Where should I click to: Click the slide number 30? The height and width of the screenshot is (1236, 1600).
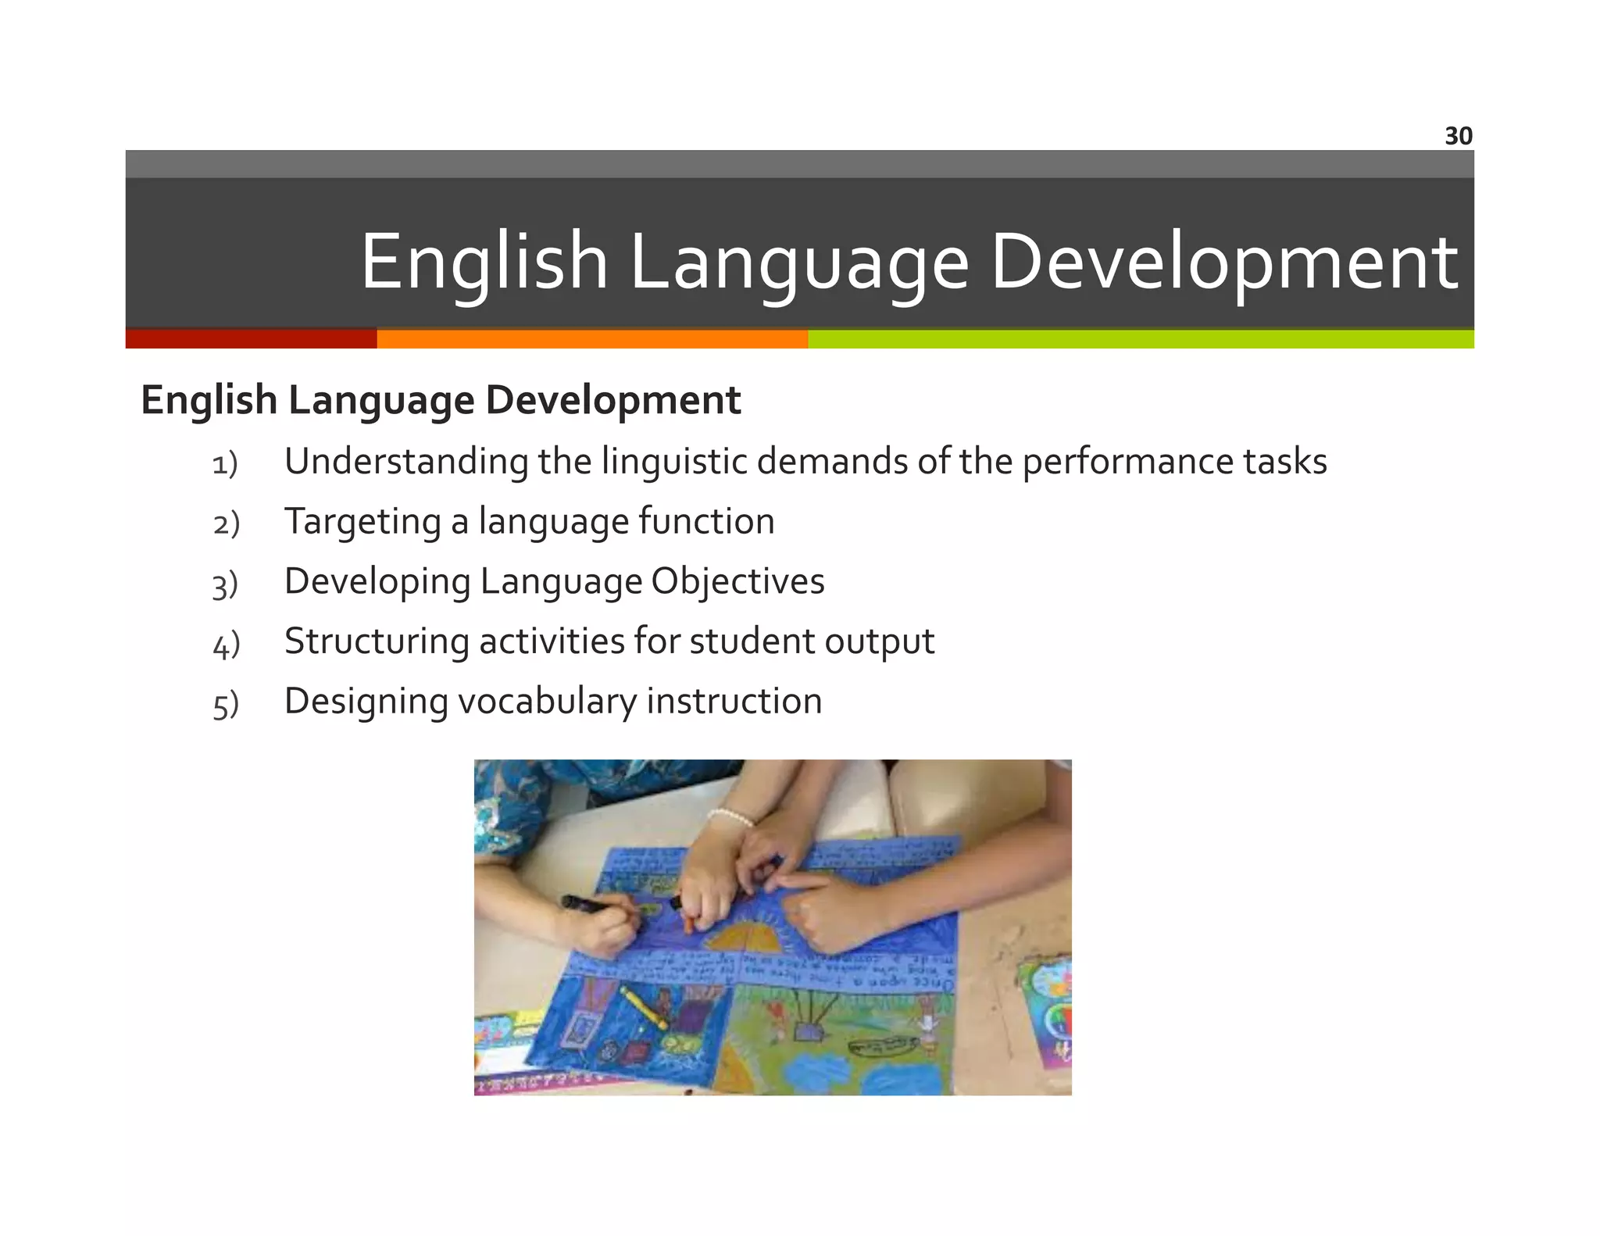1458,136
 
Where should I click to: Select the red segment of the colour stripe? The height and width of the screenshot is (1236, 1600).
251,339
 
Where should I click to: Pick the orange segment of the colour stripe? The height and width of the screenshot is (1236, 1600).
592,339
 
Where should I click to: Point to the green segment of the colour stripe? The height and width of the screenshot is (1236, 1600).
1141,339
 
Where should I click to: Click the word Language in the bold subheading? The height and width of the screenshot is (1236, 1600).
381,401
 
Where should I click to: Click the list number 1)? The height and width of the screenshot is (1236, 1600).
225,464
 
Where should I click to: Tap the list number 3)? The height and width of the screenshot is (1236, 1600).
225,584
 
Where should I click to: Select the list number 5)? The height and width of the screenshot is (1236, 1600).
225,705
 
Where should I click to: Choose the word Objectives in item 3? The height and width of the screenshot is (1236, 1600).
737,581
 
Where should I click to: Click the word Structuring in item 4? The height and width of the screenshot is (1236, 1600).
376,641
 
